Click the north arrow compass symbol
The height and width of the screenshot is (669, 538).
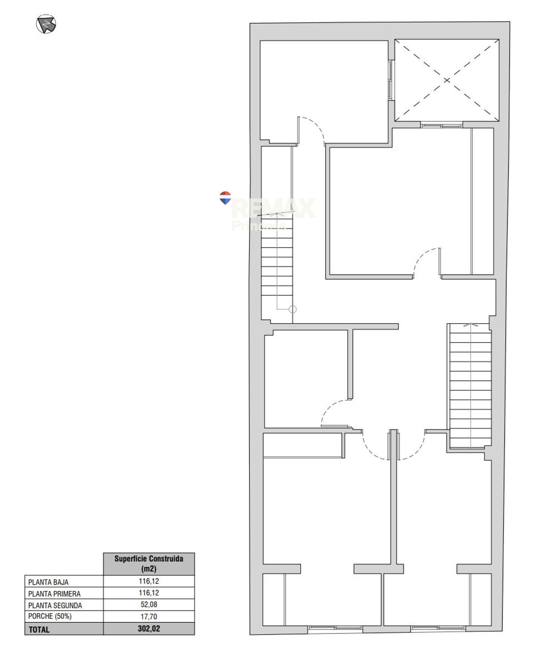(46, 24)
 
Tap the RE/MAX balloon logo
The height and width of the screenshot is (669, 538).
(225, 198)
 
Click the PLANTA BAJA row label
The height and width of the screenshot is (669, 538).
(48, 582)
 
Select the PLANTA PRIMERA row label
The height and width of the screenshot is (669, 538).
(54, 594)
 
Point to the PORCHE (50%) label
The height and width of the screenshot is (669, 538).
(50, 616)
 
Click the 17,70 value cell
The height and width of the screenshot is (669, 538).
(149, 616)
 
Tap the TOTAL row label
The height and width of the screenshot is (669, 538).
(39, 629)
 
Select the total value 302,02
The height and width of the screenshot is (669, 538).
(149, 629)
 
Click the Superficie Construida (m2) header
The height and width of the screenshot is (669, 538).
(149, 564)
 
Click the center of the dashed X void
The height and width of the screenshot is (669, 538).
(447, 80)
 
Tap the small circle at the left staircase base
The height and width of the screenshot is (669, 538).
(293, 309)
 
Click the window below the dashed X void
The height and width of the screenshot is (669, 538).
(442, 125)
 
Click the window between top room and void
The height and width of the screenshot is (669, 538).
(391, 80)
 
